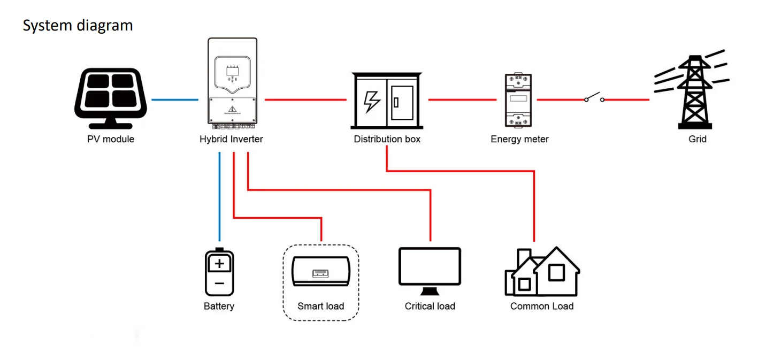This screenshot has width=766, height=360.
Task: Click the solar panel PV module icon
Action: (111, 98)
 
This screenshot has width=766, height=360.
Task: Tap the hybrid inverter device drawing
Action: (232, 83)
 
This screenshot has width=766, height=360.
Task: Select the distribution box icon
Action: (387, 101)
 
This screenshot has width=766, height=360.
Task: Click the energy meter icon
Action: (518, 100)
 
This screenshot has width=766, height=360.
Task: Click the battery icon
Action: (219, 272)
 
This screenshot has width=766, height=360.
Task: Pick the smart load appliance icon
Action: (321, 271)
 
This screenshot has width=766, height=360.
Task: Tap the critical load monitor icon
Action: (430, 271)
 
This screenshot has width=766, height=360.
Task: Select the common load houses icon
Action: (542, 271)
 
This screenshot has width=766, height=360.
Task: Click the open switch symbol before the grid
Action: (594, 97)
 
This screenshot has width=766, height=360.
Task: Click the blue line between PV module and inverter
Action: (175, 100)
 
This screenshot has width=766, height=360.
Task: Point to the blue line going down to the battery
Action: (219, 196)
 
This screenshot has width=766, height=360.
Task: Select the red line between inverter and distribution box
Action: (306, 100)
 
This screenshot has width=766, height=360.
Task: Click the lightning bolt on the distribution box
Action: (372, 102)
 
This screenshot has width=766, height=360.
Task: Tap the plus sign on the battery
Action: (219, 264)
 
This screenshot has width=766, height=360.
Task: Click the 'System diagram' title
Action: (78, 26)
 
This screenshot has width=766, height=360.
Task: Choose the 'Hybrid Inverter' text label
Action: (231, 139)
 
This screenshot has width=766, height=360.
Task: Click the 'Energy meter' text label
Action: (519, 139)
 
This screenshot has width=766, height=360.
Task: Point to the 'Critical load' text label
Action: (430, 306)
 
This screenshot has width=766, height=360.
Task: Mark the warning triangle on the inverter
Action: (233, 109)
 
